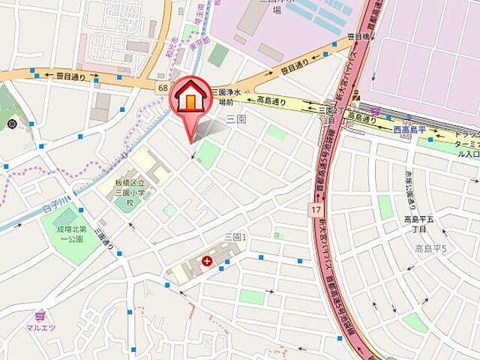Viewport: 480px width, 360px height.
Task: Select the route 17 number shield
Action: tap(317, 212)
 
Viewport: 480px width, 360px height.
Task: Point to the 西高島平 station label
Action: tap(409, 130)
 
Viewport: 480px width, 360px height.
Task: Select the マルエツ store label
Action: tap(43, 327)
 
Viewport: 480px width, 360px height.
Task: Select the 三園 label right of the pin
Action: tap(236, 119)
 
